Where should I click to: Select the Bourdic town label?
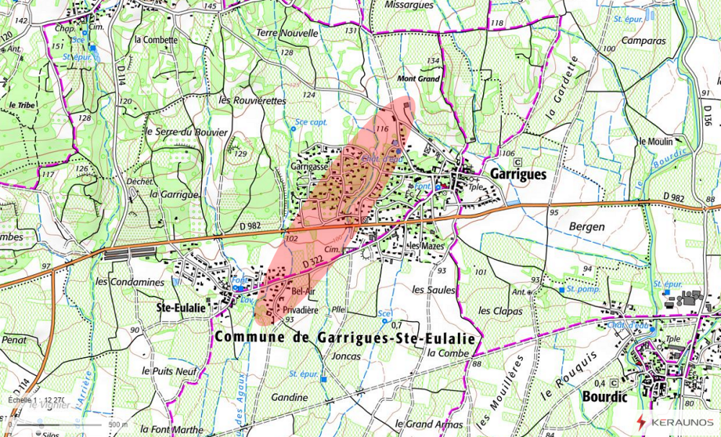[604, 396]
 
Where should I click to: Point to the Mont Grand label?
[418, 78]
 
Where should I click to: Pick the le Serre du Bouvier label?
[186, 132]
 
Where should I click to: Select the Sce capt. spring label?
[311, 122]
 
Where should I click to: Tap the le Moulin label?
[655, 141]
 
